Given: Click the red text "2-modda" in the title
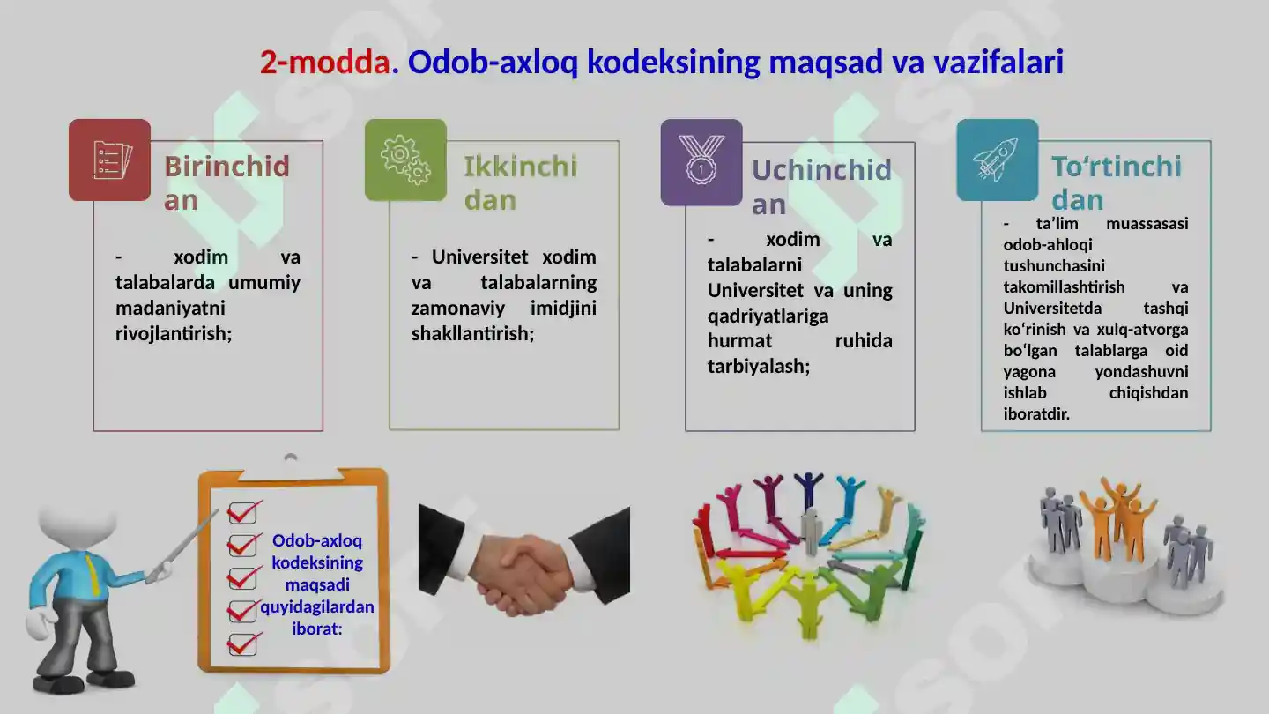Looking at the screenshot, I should tap(324, 62).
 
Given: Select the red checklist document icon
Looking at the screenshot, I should tap(110, 160).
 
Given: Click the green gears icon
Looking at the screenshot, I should tap(405, 160).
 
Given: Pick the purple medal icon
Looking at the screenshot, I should tap(701, 161).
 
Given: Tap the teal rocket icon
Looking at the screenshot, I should tap(997, 160).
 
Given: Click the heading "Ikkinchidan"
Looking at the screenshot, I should tap(520, 182).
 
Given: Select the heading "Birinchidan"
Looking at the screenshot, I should tap(226, 182).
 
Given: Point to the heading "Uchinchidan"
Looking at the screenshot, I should tap(820, 186).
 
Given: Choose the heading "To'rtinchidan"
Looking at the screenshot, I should tap(1115, 182).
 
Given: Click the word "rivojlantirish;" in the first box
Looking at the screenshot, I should tap(174, 334).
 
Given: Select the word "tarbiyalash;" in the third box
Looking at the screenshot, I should tap(758, 366).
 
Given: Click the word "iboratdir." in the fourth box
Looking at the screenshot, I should tap(1036, 414).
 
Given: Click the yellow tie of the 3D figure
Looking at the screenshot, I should tap(93, 573).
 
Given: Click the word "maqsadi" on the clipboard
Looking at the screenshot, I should tap(316, 584).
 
